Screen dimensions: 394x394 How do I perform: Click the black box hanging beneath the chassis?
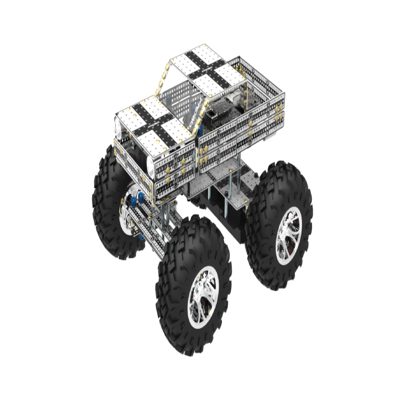pyautogui.click(x=221, y=221)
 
